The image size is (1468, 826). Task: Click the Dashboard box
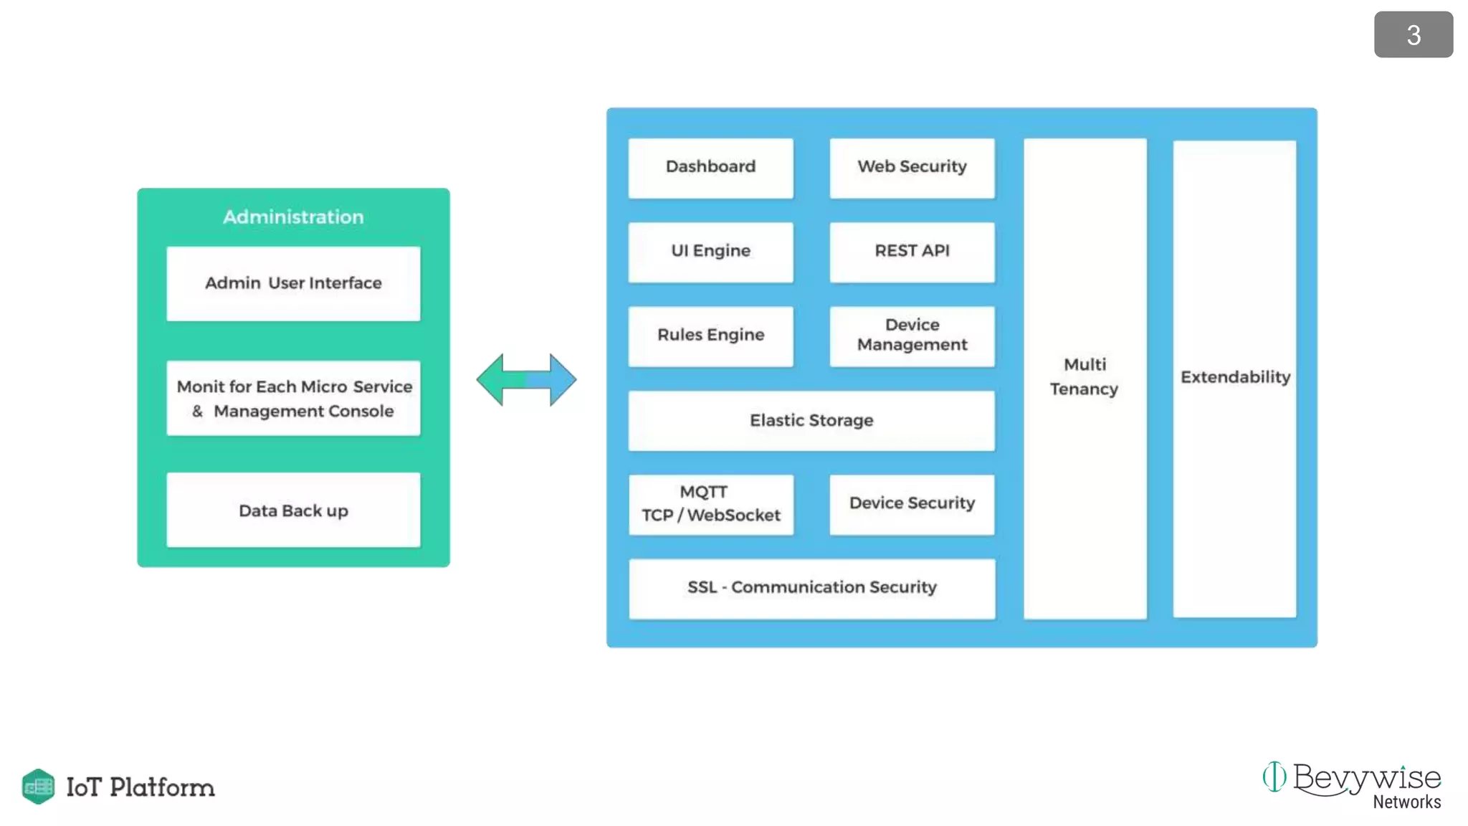[710, 168]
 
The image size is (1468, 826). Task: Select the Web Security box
[912, 168]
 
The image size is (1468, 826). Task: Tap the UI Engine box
[710, 252]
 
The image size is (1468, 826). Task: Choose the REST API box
[912, 252]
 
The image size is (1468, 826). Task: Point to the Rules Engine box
[710, 336]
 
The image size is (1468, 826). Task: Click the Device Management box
[912, 336]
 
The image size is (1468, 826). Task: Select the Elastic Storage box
[811, 420]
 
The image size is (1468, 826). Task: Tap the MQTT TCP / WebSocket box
[710, 504]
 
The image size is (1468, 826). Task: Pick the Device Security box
[912, 504]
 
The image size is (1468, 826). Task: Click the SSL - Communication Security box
[811, 588]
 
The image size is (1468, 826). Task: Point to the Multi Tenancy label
[1085, 377]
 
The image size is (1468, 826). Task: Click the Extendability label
[1235, 377]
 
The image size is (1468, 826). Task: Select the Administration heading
[293, 217]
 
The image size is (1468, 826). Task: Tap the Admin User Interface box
[293, 283]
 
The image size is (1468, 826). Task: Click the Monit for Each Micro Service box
[293, 399]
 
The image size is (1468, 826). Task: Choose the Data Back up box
[293, 511]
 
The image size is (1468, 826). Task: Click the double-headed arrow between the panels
[526, 379]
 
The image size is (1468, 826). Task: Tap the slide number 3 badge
[1413, 35]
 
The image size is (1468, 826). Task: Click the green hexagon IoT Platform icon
[38, 787]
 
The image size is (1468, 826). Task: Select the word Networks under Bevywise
[1406, 802]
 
